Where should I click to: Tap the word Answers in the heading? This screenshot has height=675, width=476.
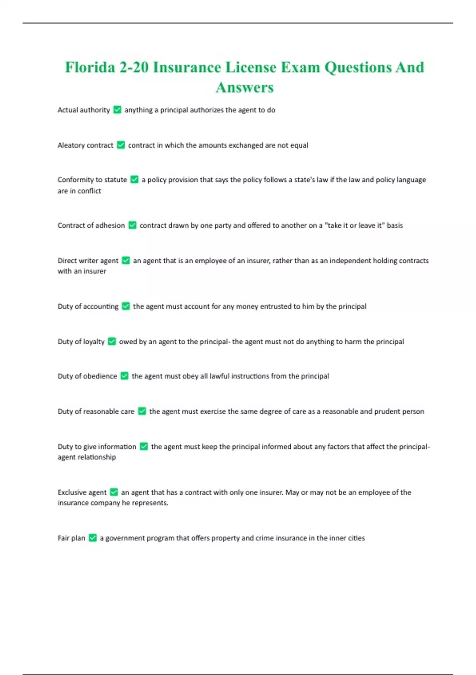pos(245,88)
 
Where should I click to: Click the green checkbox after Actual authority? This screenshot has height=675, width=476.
pos(117,110)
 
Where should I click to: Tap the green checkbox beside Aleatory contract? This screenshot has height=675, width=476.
pos(121,145)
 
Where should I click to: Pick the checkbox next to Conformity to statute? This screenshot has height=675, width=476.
pos(134,179)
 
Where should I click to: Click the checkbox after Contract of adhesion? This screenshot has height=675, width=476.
pos(132,225)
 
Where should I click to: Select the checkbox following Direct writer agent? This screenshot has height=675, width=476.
pos(126,260)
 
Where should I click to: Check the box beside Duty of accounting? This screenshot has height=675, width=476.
pos(126,306)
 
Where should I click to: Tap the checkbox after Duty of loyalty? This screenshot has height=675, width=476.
pos(112,341)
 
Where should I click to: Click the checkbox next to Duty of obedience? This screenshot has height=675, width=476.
pos(125,376)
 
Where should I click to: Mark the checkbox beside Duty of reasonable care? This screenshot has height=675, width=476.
pos(142,411)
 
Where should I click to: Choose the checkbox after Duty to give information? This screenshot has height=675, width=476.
pos(144,446)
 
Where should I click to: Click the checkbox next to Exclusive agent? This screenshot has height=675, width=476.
pos(114,492)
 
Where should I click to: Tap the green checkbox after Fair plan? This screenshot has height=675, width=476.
pos(93,538)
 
